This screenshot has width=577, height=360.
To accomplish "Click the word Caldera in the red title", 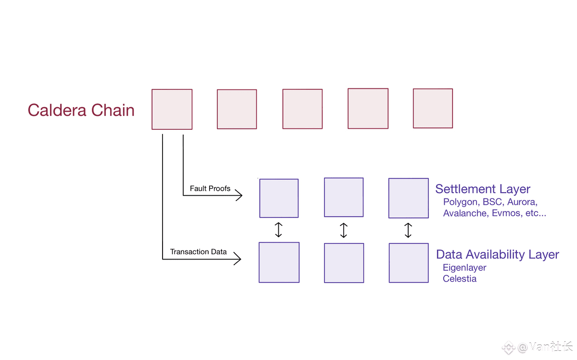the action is (x=57, y=110).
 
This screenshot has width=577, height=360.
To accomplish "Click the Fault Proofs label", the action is (x=210, y=188).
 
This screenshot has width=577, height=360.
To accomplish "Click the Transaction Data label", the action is (x=198, y=251).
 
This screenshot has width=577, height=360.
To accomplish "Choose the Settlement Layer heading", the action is (x=483, y=189).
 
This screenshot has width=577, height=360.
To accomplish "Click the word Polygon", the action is (x=461, y=202).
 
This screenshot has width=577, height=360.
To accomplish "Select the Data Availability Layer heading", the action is (x=497, y=255).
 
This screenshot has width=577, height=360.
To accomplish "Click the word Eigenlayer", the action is (x=464, y=268).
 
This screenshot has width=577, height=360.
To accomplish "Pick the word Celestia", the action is (x=460, y=279).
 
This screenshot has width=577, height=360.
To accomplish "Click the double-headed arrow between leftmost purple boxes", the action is (x=278, y=230).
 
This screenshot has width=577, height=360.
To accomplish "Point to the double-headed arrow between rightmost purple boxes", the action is (x=408, y=230).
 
